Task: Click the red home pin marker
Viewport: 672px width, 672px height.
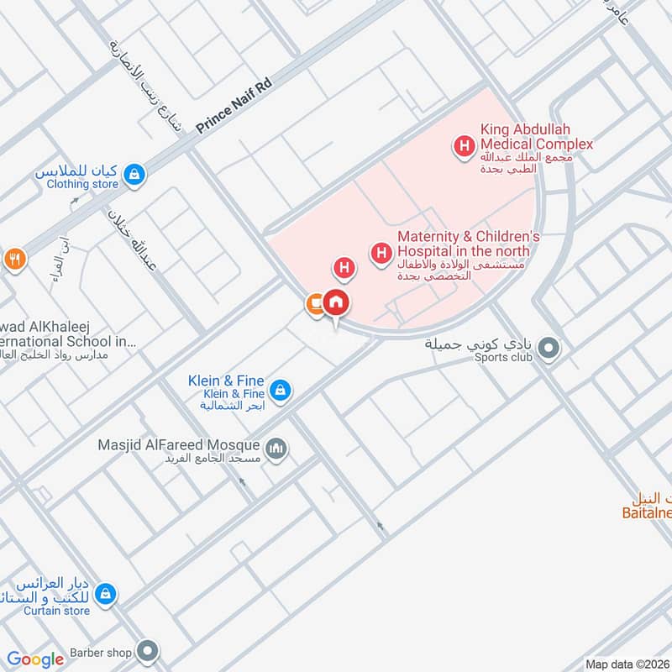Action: pos(336,303)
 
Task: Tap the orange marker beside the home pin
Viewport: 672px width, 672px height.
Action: pos(314,304)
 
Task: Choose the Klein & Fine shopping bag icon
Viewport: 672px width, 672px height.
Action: pos(281,390)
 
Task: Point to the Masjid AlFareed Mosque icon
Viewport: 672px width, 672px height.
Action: pos(276,451)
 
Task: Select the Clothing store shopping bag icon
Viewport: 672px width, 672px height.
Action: pos(134,175)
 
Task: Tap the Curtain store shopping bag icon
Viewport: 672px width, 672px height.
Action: pos(104,594)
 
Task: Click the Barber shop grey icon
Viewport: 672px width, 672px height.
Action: pos(148,651)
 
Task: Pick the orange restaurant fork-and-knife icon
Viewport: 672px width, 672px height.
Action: pos(13,259)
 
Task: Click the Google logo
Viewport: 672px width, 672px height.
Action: pos(35,659)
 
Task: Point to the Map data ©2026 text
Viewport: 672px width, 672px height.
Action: pos(626,664)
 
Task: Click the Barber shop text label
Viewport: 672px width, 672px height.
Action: pos(98,652)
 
